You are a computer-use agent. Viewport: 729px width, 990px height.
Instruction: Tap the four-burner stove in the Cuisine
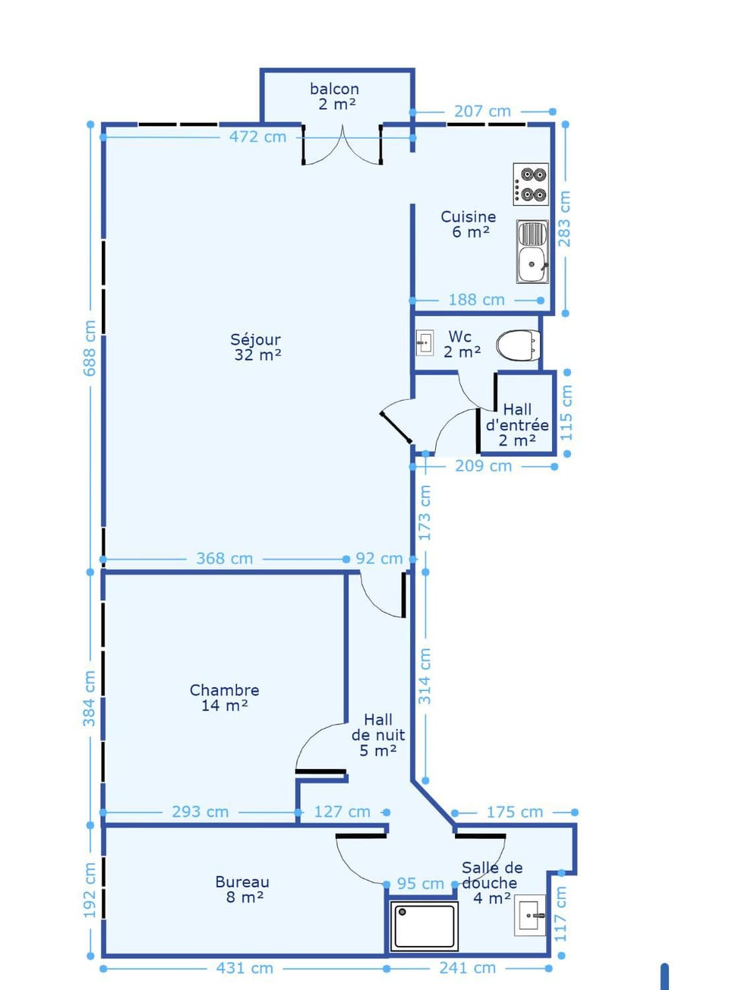(x=531, y=184)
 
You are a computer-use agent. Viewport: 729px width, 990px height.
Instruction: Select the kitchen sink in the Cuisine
(x=532, y=251)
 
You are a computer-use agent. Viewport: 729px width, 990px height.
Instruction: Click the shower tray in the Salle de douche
(x=424, y=928)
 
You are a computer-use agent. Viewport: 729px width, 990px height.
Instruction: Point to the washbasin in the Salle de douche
(x=530, y=916)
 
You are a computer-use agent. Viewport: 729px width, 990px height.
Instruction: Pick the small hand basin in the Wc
(x=424, y=343)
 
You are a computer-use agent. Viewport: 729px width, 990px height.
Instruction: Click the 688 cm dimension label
(x=90, y=348)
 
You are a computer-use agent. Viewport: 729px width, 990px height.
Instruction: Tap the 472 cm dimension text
(x=257, y=137)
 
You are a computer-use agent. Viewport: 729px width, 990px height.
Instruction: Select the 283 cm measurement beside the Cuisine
(x=565, y=219)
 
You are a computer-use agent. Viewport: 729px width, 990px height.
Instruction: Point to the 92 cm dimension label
(x=380, y=559)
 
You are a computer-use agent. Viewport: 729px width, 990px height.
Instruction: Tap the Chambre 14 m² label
(x=225, y=698)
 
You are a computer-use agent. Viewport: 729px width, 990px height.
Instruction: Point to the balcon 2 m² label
(x=335, y=96)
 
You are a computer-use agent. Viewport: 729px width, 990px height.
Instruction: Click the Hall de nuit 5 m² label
(x=378, y=735)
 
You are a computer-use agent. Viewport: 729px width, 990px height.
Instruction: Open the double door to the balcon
(x=342, y=146)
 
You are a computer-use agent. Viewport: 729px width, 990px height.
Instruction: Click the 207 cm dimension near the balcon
(x=482, y=112)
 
